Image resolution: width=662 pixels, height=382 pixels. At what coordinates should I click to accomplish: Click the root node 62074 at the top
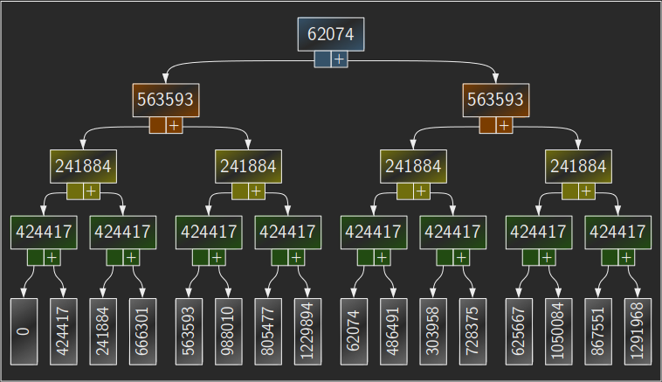331,34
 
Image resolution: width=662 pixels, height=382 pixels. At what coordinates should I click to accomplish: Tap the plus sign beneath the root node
339,59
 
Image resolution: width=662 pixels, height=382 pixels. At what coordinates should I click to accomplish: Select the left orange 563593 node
166,100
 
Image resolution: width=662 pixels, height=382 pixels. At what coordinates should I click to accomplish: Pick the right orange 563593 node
496,100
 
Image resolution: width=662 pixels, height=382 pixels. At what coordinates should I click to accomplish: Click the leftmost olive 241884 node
83,166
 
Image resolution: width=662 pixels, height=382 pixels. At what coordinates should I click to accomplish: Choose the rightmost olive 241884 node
578,166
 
